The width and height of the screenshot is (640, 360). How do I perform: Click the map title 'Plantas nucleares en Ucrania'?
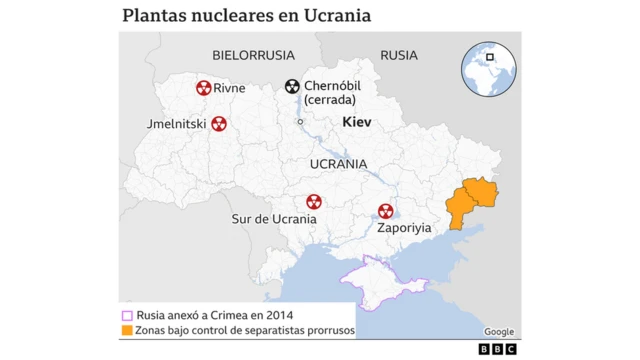245,16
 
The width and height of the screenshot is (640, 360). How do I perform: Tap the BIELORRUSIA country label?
253,55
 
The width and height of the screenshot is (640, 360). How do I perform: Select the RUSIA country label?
399,55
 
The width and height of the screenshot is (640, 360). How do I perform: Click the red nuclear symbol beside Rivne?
204,88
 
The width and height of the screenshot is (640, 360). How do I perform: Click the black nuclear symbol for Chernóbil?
292,88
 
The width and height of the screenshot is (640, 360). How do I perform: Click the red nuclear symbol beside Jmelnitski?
219,124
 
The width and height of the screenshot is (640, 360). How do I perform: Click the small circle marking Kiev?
300,122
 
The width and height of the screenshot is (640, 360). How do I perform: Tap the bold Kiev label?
356,122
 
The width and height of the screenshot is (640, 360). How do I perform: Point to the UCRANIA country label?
338,163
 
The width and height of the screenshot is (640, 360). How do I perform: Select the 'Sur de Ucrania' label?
274,218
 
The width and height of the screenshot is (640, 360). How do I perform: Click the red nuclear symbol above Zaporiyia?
385,211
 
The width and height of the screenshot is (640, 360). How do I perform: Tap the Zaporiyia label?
404,227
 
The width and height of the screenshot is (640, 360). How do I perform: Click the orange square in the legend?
126,330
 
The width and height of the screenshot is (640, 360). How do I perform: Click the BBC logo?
496,348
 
